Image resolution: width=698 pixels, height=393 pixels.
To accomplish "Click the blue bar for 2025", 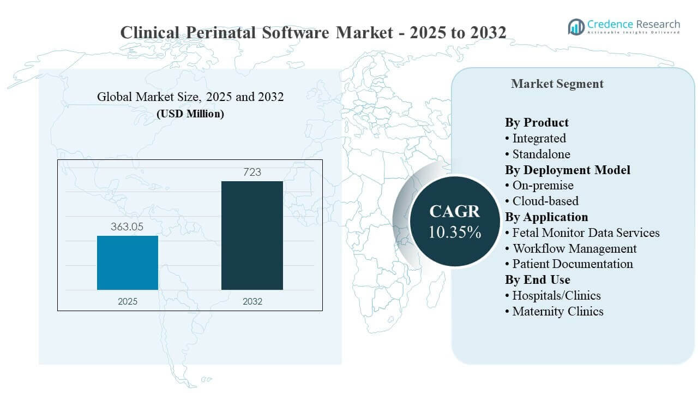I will click(128, 263).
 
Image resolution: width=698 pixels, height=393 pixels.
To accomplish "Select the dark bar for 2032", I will click(252, 235).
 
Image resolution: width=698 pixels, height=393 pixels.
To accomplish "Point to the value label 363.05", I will click(127, 227).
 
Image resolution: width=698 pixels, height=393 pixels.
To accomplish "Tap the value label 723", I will click(252, 172).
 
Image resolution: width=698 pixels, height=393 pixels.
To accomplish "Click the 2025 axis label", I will click(128, 301).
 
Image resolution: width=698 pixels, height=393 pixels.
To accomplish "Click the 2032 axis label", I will click(252, 301).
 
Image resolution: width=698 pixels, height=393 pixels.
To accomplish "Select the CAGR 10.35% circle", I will click(454, 221).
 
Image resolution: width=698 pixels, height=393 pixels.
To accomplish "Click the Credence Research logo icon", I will click(576, 26).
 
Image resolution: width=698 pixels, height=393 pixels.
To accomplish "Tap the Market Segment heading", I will click(557, 84).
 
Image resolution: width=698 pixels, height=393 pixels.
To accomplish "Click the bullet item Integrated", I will click(539, 138).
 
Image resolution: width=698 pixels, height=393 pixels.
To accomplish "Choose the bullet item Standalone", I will click(541, 154).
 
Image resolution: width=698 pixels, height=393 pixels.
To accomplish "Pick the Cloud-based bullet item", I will click(545, 201).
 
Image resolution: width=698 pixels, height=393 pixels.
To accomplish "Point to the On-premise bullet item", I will click(543, 185).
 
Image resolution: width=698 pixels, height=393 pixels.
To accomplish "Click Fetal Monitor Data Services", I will click(586, 233).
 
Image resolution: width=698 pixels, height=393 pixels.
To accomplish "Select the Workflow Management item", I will click(574, 248).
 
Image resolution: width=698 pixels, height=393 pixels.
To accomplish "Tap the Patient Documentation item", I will click(573, 264).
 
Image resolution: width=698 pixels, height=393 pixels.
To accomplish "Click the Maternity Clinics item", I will click(557, 311).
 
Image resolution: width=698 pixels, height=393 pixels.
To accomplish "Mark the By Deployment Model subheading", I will click(567, 170).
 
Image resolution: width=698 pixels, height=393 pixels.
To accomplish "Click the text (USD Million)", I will click(190, 114).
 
